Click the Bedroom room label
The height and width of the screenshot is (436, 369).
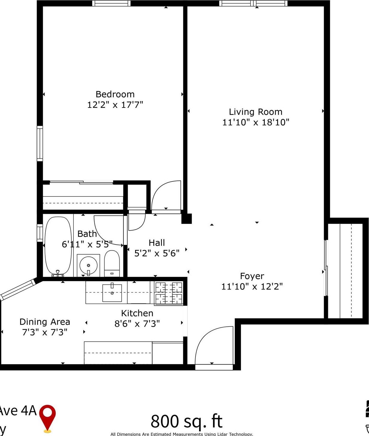(115, 94)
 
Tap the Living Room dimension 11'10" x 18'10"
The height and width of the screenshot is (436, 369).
(256, 122)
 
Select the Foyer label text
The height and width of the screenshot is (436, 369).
(252, 276)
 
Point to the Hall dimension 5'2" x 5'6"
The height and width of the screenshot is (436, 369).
(157, 253)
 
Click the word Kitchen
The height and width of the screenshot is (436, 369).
(137, 313)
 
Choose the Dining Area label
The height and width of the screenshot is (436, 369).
(45, 322)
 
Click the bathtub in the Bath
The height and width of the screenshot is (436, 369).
(58, 246)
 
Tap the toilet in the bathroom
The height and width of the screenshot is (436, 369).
(112, 264)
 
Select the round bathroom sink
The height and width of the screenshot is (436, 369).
(88, 265)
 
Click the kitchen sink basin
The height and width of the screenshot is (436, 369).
(112, 293)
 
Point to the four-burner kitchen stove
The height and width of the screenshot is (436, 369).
(168, 293)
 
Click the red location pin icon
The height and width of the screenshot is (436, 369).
(48, 417)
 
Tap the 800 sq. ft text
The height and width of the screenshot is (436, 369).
(187, 421)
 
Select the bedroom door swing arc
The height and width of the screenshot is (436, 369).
(166, 195)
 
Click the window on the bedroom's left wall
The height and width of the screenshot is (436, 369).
(40, 144)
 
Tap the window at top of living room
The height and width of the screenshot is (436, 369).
(254, 4)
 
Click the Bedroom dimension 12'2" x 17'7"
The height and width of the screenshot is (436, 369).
(115, 105)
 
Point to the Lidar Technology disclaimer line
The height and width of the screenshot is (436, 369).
(182, 434)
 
